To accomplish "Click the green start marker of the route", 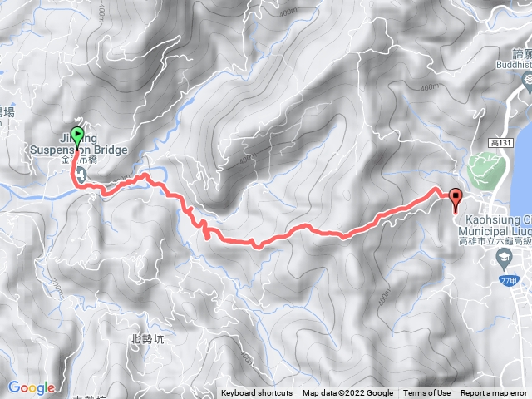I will click(x=78, y=135).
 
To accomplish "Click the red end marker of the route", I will click(x=455, y=197).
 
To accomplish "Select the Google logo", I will click(x=32, y=387).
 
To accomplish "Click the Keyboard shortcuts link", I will click(x=256, y=393).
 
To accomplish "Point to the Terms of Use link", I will click(x=427, y=393).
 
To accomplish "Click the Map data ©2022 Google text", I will click(x=347, y=393).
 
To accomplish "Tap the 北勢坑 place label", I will click(x=148, y=338).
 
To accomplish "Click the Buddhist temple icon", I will click(x=525, y=79).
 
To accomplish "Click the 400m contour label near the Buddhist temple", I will click(x=430, y=86).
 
